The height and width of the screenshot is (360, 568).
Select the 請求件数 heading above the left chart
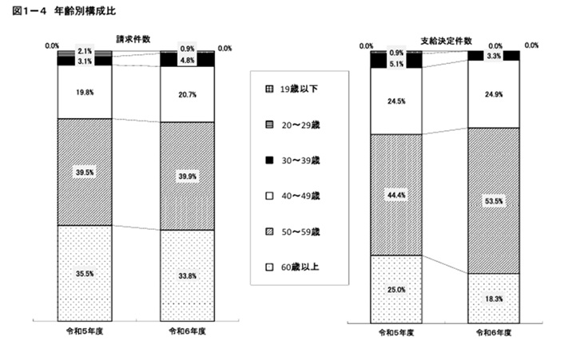[x=135, y=38]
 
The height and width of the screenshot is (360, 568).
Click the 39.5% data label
[x=84, y=172]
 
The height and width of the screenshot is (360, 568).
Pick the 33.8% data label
[x=187, y=276]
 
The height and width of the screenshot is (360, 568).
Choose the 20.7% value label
[x=187, y=94]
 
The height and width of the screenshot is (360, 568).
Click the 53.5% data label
[x=495, y=202]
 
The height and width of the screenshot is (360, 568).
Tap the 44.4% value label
[x=396, y=195]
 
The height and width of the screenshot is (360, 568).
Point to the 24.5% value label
[x=396, y=101]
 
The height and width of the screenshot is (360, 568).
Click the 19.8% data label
[x=84, y=93]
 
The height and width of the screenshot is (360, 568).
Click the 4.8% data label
[x=187, y=60]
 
